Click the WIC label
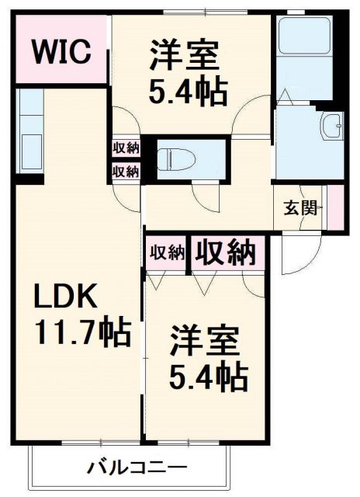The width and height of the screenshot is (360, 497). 61,53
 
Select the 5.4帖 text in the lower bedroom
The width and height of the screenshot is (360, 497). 209,378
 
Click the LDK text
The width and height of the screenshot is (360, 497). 65,297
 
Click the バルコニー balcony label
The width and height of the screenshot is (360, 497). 136,468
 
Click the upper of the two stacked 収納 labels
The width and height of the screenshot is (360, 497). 125,148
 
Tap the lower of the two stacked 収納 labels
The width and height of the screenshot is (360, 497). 125,170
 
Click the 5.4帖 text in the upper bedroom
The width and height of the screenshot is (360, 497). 189,92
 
